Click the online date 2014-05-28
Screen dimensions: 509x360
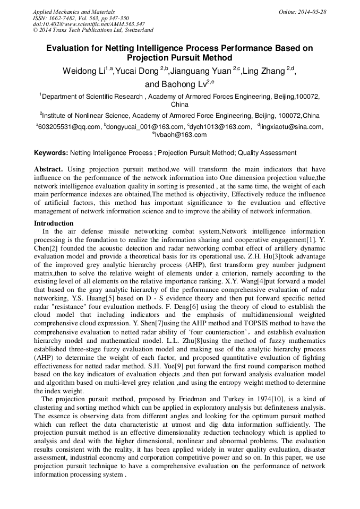tap(312, 12)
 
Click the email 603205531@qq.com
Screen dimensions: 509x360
tap(69, 127)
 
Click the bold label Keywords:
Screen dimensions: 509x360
tap(51, 153)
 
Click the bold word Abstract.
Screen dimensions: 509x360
tap(48, 169)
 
